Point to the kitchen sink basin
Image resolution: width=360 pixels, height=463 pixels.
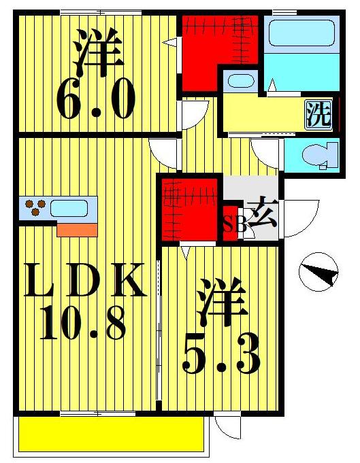(69, 208)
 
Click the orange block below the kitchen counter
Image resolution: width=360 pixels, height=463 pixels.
(77, 229)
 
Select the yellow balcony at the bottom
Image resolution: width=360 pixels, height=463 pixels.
(111, 433)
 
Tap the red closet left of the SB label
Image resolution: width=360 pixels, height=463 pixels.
(191, 207)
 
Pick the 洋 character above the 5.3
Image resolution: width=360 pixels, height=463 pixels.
(223, 307)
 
